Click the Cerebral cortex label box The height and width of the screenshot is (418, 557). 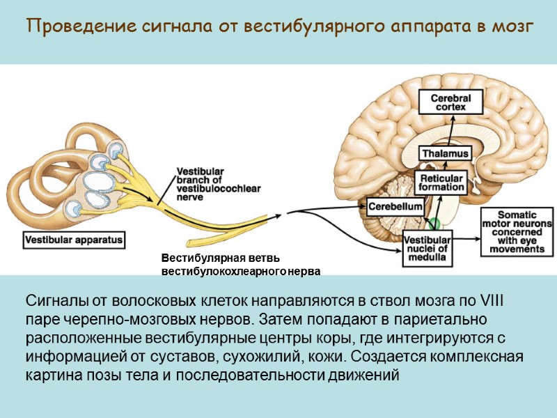pos(451,102)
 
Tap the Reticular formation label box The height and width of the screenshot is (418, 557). pos(441,183)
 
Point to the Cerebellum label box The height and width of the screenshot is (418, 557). pos(395,207)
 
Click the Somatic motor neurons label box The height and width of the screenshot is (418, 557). pos(517,231)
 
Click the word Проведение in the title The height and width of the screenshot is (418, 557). pos(68,27)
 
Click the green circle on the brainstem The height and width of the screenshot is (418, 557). pos(434,224)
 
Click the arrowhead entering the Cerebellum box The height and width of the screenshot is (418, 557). pos(362,207)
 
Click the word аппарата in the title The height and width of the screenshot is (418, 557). pos(414,27)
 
